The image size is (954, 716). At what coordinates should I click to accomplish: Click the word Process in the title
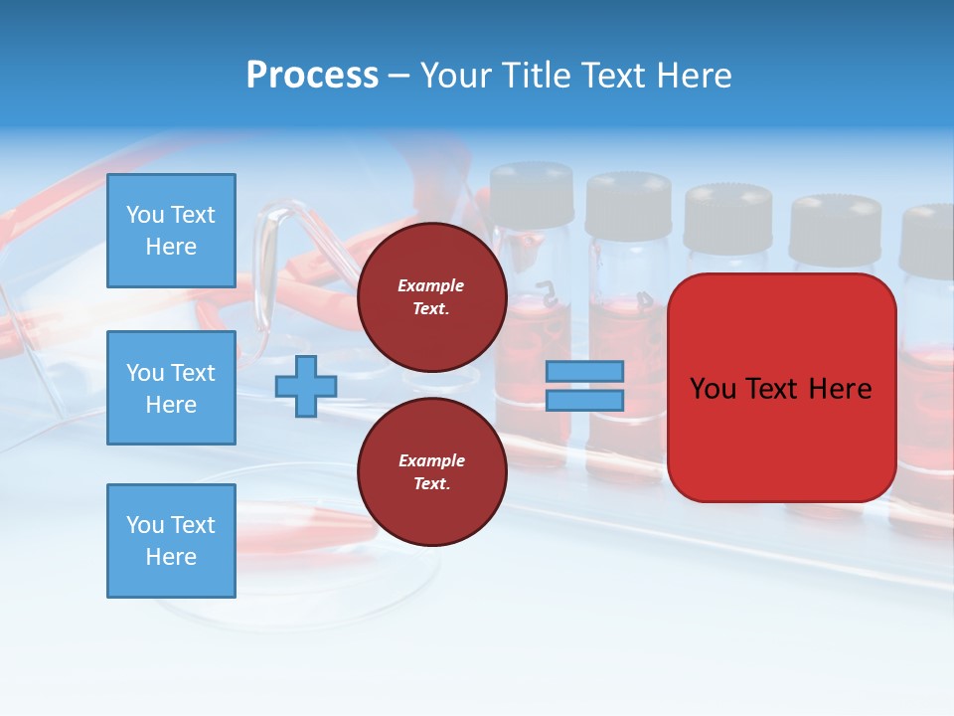[x=312, y=75]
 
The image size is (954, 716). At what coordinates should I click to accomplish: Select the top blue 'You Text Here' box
[x=171, y=231]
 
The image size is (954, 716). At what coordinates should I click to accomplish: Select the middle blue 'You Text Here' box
[x=171, y=388]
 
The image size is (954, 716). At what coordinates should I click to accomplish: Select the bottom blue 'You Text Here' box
[x=171, y=541]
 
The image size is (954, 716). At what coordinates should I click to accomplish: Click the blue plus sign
[x=305, y=387]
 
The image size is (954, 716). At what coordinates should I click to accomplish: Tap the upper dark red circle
[x=432, y=297]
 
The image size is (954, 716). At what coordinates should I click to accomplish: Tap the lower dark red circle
[x=432, y=472]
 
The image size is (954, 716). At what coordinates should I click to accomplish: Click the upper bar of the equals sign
[x=584, y=371]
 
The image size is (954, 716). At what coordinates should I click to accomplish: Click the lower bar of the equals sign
[x=584, y=400]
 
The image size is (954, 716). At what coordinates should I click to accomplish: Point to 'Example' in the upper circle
[x=430, y=285]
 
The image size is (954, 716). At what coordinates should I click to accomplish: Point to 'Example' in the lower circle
[x=430, y=460]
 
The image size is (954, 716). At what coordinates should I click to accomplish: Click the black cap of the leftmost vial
[x=532, y=195]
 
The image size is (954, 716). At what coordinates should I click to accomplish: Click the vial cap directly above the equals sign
[x=628, y=206]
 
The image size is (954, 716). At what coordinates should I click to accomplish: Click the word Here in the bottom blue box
[x=171, y=557]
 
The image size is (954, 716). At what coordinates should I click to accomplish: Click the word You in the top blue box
[x=145, y=215]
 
